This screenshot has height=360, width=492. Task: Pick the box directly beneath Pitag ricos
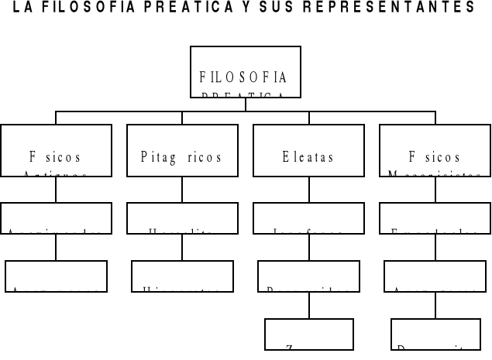click(182, 218)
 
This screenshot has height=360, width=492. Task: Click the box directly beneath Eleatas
click(308, 218)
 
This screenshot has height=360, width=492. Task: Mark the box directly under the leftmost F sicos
click(56, 218)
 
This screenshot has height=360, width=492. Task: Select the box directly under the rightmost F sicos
click(435, 218)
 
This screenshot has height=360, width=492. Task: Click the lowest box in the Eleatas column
click(308, 334)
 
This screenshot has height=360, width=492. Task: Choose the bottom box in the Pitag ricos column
click(182, 276)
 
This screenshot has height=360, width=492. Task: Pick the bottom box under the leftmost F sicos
click(56, 276)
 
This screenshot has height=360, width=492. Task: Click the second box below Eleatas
click(308, 276)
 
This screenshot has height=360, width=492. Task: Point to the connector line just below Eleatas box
click(308, 190)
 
